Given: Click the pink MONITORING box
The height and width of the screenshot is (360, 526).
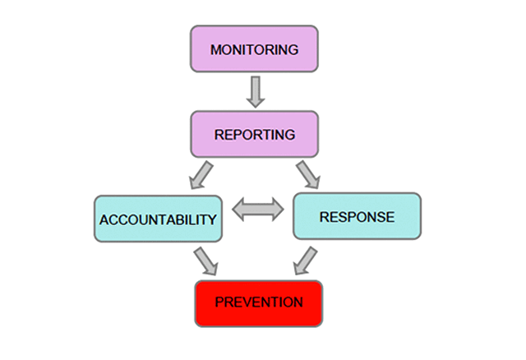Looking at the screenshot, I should [x=254, y=49].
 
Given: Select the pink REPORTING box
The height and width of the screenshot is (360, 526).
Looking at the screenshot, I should [x=254, y=134].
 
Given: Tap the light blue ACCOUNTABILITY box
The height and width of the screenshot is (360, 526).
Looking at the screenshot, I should [x=158, y=219].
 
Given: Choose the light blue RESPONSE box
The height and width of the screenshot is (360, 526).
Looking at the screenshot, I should [x=357, y=217].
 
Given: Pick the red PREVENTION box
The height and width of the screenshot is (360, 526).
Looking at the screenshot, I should [x=259, y=302].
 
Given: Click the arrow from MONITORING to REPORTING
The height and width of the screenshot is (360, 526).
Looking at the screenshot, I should [x=255, y=92].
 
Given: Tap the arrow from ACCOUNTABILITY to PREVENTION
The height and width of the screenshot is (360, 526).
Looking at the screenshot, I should [x=204, y=261].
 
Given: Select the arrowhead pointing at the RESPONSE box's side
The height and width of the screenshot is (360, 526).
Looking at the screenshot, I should [x=277, y=212].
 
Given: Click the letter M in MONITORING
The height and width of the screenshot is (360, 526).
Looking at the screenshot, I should [x=215, y=50].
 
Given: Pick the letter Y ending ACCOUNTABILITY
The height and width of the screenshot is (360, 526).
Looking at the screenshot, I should [x=211, y=220].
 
